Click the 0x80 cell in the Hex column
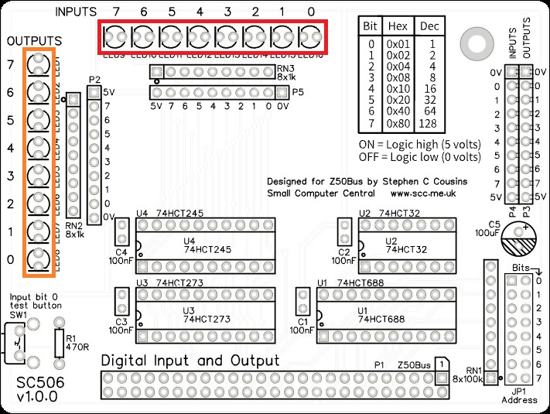pyautogui.click(x=399, y=124)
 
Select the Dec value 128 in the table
pyautogui.click(x=428, y=124)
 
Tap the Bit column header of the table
pyautogui.click(x=371, y=26)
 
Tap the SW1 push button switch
pyautogui.click(x=18, y=341)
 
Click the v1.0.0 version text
pyautogui.click(x=36, y=398)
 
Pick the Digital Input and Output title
pyautogui.click(x=190, y=361)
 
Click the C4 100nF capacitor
pyautogui.click(x=121, y=231)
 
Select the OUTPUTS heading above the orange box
pyautogui.click(x=35, y=40)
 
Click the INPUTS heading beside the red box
pyautogui.click(x=77, y=12)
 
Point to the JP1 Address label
pyautogui.click(x=518, y=396)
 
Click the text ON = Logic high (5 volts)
pyautogui.click(x=420, y=145)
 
